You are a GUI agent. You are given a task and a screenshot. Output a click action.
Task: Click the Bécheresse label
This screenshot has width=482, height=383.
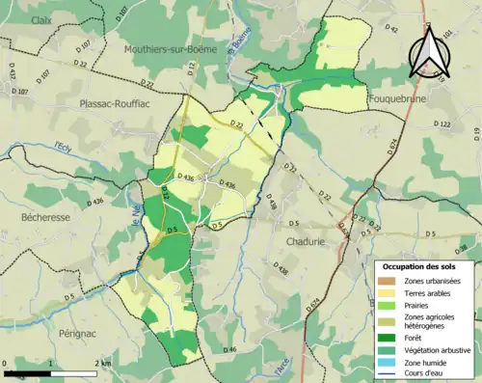click(45, 218)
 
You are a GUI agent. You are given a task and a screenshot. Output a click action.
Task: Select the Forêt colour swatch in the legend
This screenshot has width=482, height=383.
click(389, 337)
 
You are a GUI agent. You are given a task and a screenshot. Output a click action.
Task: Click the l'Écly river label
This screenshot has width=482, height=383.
click(65, 146)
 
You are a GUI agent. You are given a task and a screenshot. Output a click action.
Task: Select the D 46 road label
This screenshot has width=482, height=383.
click(228, 348)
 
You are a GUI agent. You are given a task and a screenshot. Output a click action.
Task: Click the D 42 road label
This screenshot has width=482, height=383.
click(392, 32)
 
